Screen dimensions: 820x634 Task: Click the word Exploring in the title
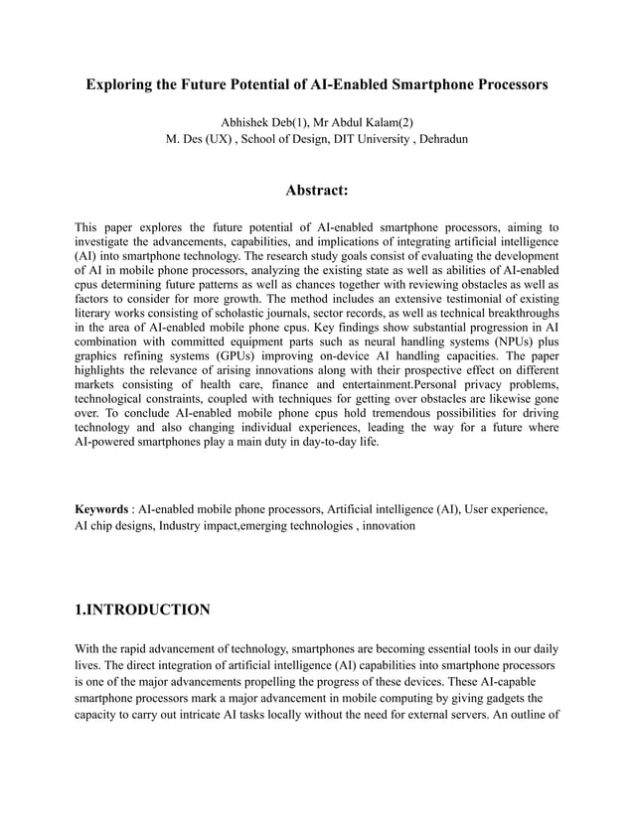[x=118, y=85]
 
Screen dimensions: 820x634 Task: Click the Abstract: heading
[x=316, y=190]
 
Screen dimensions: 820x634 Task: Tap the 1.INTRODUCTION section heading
[x=142, y=609]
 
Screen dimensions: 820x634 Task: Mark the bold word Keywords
[x=101, y=508]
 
